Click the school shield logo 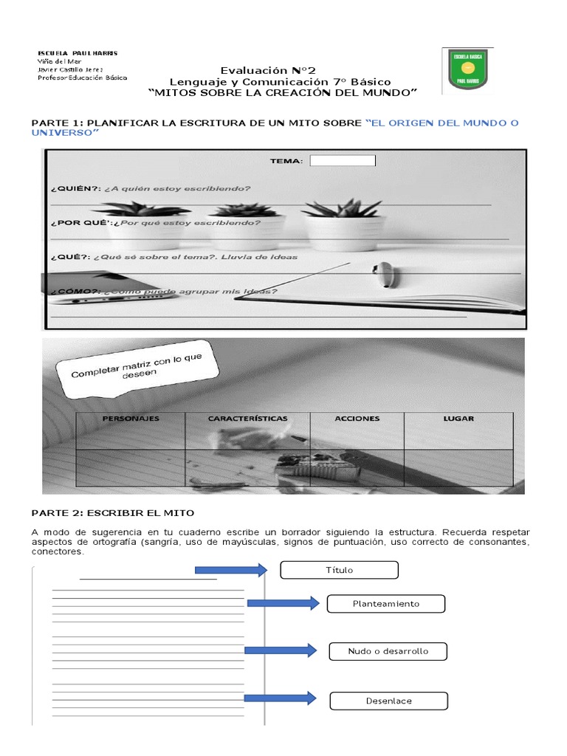click(x=469, y=71)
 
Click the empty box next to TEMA click(x=343, y=161)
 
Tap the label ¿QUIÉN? click(x=70, y=188)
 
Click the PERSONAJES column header click(x=131, y=419)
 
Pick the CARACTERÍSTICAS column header click(x=247, y=419)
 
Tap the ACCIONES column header click(x=357, y=419)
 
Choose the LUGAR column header click(x=458, y=419)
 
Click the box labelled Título click(x=340, y=570)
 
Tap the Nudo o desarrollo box click(x=388, y=651)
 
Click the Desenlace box click(x=388, y=701)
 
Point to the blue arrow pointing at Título click(x=230, y=569)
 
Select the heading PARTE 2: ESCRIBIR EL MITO click(x=111, y=513)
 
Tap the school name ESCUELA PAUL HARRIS click(x=78, y=53)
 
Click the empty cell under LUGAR click(x=458, y=467)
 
